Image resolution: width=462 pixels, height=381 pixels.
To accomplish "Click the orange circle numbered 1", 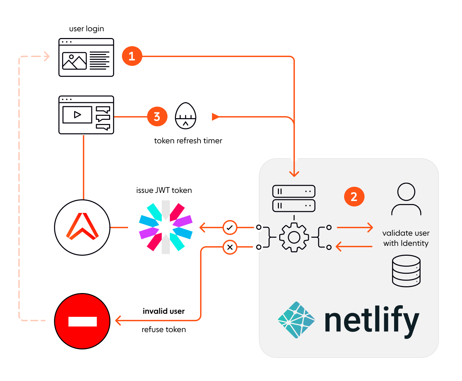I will (x=132, y=56).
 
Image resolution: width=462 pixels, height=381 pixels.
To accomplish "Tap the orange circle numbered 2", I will (x=354, y=197).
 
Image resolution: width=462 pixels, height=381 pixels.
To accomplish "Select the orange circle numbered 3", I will (x=157, y=116).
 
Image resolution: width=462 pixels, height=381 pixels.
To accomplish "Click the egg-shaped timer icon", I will (x=185, y=116).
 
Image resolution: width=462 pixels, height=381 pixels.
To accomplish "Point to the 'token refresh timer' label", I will (x=188, y=141).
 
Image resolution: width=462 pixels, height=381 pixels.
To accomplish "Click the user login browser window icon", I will (x=86, y=57).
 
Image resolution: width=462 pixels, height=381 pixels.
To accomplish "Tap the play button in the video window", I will (x=77, y=114).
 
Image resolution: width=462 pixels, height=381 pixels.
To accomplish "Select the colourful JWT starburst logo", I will (x=166, y=227).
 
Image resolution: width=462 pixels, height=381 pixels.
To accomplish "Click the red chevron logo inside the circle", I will (x=82, y=227).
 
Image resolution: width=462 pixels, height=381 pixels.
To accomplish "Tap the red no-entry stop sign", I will (x=82, y=321).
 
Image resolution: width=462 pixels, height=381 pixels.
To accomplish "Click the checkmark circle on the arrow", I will (x=230, y=227).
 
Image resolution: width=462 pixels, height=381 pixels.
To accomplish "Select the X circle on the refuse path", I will (x=230, y=247).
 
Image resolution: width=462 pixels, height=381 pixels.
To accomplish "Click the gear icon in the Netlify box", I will (x=294, y=237).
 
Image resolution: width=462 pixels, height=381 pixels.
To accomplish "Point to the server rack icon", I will (x=294, y=198).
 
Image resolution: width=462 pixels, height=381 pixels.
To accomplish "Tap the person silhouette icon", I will (x=406, y=199).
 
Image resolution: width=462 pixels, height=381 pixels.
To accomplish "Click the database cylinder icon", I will (x=406, y=271).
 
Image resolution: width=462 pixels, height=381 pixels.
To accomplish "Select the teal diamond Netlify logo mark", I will (x=296, y=320).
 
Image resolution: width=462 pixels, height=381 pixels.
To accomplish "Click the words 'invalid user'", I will (x=163, y=311).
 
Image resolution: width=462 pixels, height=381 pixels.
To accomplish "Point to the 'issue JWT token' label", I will (x=164, y=190).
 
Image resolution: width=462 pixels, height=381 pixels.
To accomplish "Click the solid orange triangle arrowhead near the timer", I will (x=215, y=117).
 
